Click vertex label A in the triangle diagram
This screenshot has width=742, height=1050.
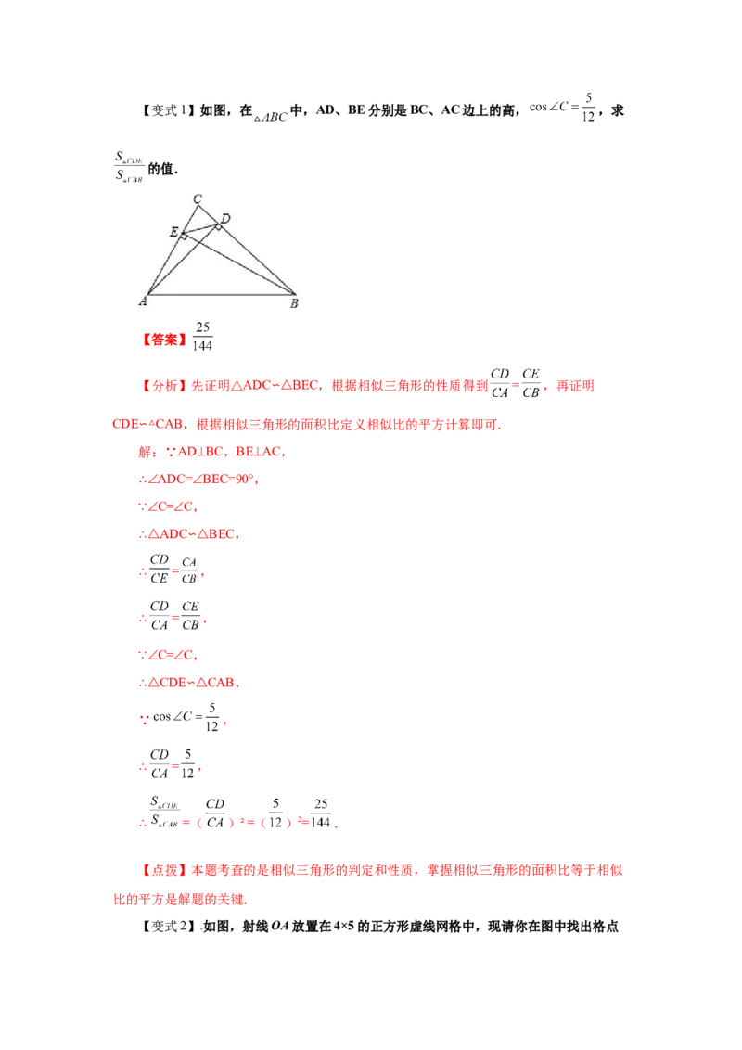coord(143,302)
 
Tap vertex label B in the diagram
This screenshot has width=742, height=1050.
coord(294,303)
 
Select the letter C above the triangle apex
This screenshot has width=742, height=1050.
coord(197,198)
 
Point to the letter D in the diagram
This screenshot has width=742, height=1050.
coord(225,219)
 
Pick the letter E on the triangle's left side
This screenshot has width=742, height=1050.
coord(173,231)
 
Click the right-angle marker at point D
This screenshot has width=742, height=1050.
coord(218,226)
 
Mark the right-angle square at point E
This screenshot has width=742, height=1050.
coord(184,237)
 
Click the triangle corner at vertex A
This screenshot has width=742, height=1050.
coord(148,294)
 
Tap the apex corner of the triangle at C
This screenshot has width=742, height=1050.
coord(198,205)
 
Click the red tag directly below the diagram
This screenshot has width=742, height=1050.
coord(164,339)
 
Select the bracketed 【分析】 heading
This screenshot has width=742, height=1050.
coord(164,386)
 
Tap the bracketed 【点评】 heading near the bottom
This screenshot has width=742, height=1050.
coord(164,872)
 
